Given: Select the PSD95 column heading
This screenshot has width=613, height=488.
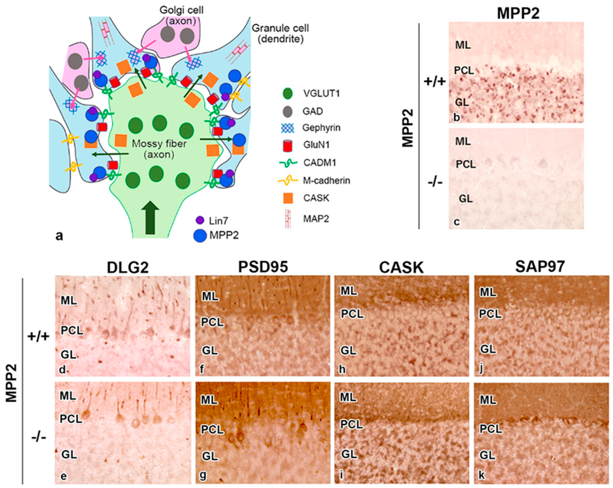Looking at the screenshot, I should coord(263,267).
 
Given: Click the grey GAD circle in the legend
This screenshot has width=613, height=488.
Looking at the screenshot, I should coord(288,111).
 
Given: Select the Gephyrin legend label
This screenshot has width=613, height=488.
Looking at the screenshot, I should coord(321,128).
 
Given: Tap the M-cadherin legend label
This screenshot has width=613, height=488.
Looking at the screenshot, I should coord(326,180).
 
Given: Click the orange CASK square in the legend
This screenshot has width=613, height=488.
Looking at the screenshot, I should coord(288,198).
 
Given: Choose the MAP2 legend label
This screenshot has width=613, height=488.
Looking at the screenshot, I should coord(316,219).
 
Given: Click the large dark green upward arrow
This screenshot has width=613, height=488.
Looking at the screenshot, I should coord(150,217).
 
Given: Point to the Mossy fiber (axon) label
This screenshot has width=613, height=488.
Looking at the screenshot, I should coord(159,149).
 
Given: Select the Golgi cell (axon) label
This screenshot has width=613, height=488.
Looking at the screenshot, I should coord(181,15).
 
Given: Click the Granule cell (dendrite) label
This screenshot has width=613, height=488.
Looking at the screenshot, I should coord(280,33).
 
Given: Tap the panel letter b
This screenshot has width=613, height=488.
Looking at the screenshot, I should coord(456,117).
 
